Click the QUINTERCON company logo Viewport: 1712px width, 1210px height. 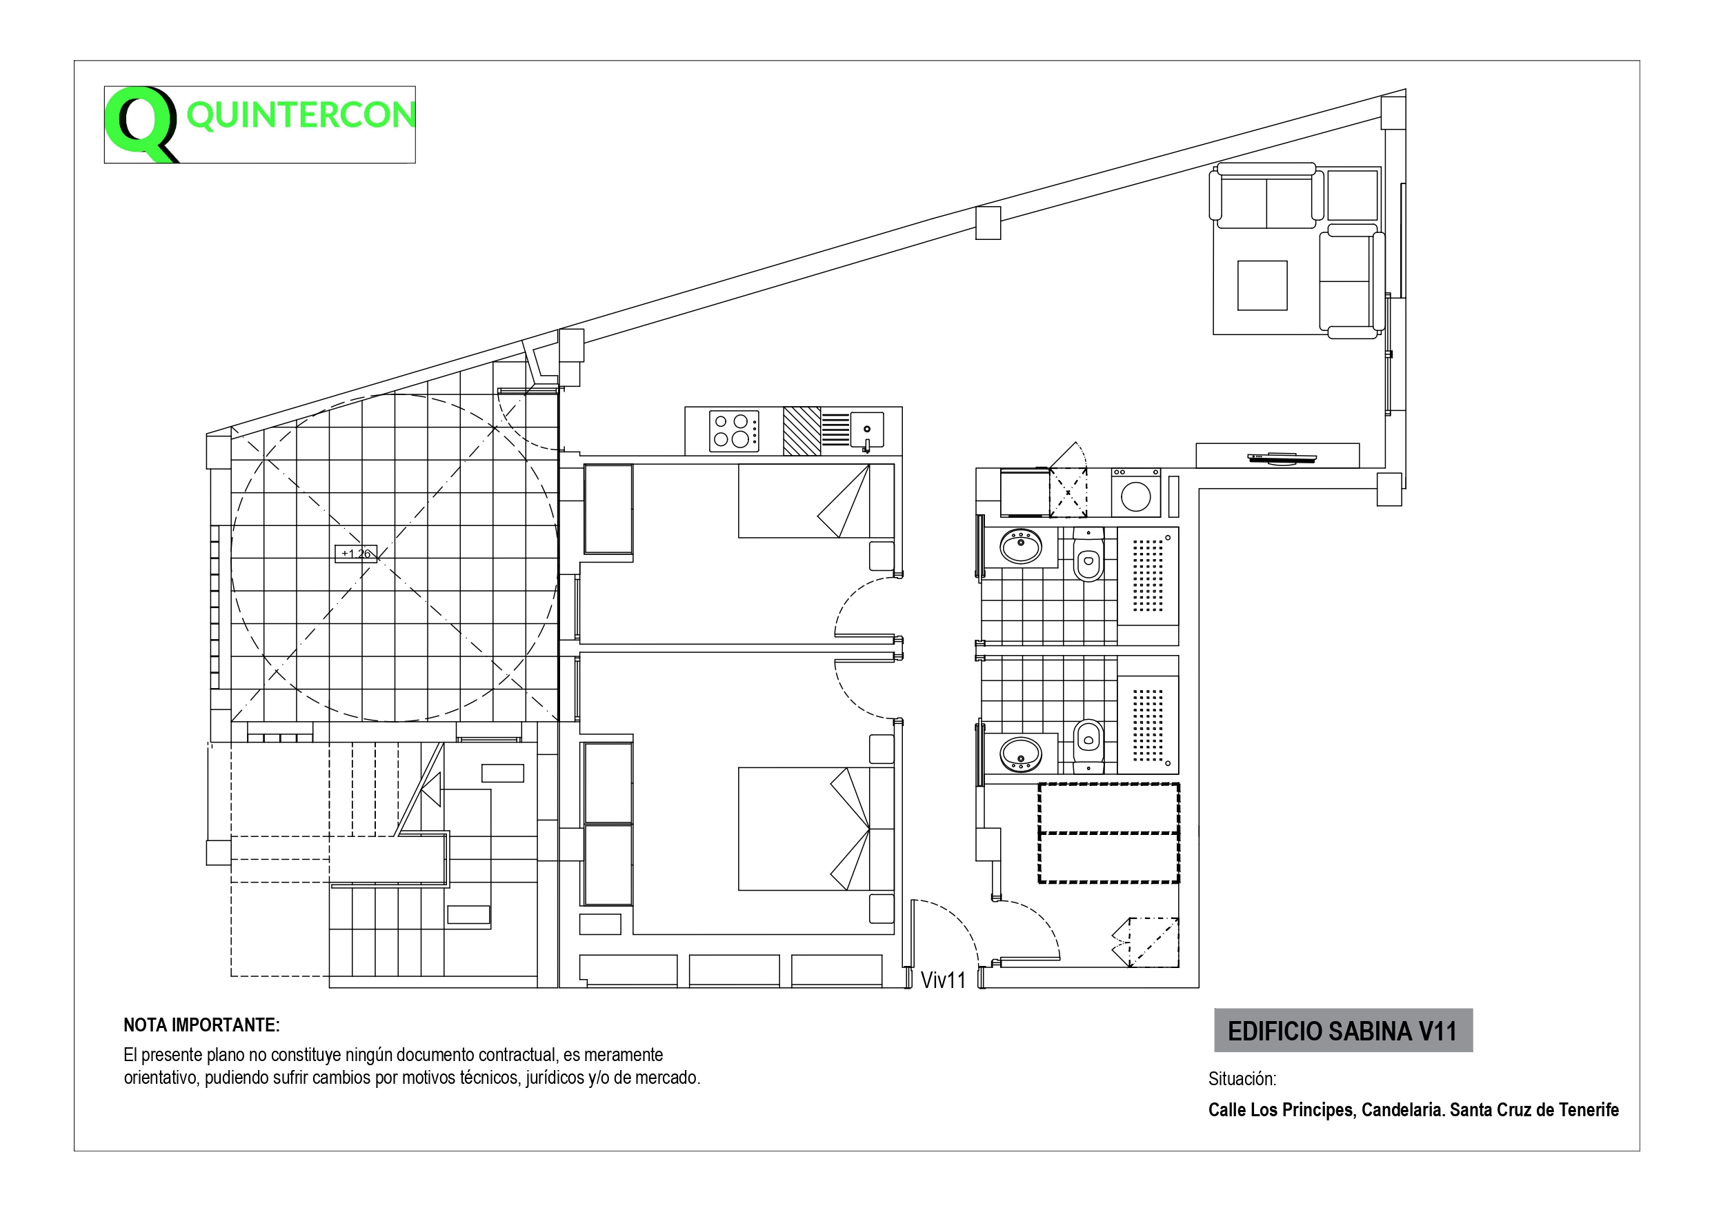click(x=259, y=125)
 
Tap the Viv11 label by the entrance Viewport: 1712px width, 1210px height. click(x=942, y=980)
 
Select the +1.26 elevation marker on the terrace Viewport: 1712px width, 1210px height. click(x=356, y=553)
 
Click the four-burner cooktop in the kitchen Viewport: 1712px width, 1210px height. click(x=734, y=431)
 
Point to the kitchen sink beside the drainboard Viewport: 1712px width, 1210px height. click(x=867, y=430)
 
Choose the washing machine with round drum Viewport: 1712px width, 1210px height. click(x=1135, y=493)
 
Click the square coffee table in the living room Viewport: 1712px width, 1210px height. click(x=1262, y=285)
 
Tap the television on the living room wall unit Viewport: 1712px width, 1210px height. click(x=1282, y=458)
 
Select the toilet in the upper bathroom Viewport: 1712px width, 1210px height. click(x=1088, y=555)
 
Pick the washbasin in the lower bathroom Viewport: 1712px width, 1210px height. click(x=1021, y=754)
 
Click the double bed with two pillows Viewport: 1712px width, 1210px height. click(x=816, y=828)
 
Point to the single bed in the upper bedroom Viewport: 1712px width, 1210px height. click(x=816, y=501)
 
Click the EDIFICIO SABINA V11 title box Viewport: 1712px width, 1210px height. click(x=1343, y=1030)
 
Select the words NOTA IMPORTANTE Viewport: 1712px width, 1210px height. click(x=201, y=1025)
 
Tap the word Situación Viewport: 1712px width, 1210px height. click(x=1242, y=1079)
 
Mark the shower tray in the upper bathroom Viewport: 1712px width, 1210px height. click(x=1148, y=576)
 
